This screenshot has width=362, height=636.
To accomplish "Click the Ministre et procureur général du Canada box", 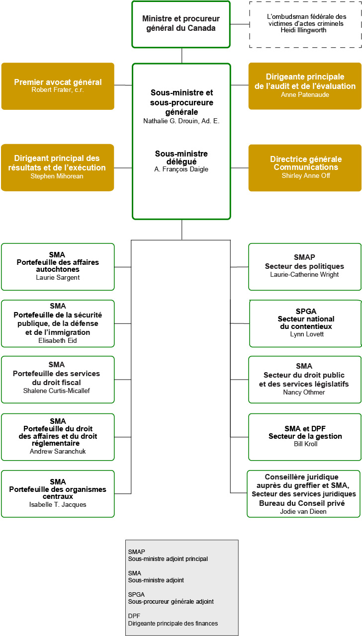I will [x=181, y=24].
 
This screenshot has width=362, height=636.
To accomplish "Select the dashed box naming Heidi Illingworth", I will [x=305, y=24].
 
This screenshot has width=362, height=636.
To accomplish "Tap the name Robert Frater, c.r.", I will [x=58, y=90].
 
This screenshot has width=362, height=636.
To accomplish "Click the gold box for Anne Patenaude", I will [x=305, y=86].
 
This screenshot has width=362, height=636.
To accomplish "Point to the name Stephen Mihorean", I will [x=58, y=176].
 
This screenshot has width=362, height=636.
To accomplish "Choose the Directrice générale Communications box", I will [x=305, y=167].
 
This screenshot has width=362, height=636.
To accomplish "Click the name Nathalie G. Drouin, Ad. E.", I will [x=181, y=121].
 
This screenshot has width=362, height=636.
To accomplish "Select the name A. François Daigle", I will [x=181, y=169].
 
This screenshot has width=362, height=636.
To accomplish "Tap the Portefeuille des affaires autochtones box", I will [x=58, y=266].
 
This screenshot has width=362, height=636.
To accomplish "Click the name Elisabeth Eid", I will [x=58, y=340].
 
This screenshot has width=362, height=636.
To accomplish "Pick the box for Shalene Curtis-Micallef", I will [x=58, y=379].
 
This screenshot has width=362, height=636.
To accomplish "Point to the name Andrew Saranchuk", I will [x=58, y=452].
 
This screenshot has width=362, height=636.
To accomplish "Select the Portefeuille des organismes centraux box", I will [x=58, y=493].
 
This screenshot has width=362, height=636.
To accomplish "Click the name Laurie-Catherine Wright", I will [x=304, y=275].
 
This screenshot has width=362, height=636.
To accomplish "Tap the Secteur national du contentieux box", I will [x=305, y=323].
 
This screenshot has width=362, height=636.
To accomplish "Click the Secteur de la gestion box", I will [x=305, y=437].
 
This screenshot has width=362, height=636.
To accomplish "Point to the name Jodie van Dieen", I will [x=303, y=511].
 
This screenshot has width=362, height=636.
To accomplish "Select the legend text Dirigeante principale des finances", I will [x=173, y=623].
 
